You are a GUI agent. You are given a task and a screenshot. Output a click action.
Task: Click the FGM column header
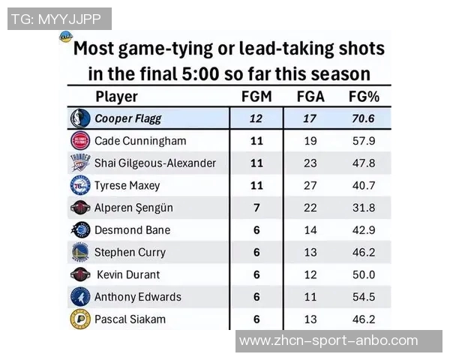point(256,97)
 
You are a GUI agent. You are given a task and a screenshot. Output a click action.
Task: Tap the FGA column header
point(310,97)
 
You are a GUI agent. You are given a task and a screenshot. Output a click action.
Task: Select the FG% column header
point(364,97)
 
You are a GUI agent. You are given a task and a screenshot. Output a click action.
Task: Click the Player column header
point(117,97)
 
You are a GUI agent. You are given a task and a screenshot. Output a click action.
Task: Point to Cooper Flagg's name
point(127,118)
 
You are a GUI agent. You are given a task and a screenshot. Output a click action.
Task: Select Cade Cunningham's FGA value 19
point(310,141)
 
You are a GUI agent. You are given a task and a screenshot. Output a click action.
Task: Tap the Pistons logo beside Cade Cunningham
point(79,141)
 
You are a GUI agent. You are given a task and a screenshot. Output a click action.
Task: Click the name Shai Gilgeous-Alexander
point(154,163)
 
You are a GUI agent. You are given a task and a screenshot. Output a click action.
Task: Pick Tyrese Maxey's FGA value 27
point(310,185)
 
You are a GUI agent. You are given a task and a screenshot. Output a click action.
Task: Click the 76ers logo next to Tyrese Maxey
point(79,185)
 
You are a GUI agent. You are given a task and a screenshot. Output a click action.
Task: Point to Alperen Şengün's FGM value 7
point(256,208)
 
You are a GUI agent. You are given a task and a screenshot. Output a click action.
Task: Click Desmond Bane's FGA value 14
point(310,230)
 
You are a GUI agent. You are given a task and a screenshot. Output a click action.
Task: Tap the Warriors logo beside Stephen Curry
point(79,252)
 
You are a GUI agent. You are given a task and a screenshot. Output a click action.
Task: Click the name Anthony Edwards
point(137,297)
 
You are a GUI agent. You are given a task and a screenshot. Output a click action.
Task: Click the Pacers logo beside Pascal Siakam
point(79,319)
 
